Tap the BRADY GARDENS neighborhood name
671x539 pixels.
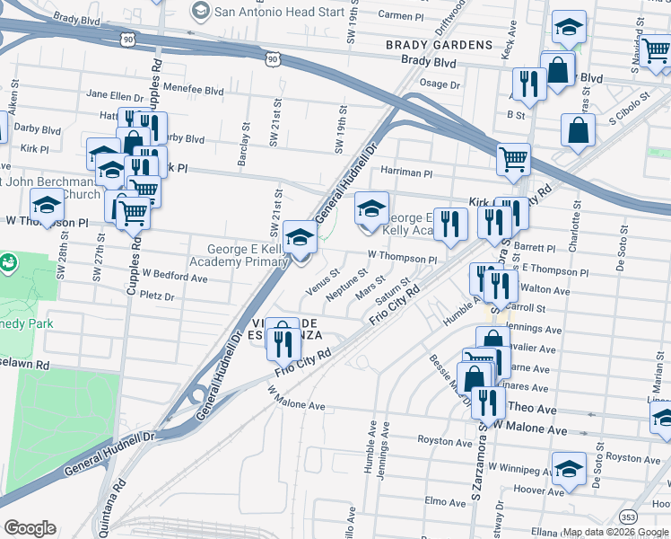pos(439,45)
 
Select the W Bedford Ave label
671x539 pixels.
pos(175,278)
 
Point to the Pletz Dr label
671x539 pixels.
pos(156,295)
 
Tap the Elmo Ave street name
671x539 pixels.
pos(442,500)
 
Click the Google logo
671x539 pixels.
pos(30,528)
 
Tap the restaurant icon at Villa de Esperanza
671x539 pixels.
pos(283,340)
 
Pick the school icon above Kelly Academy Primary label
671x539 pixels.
pos(301,237)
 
